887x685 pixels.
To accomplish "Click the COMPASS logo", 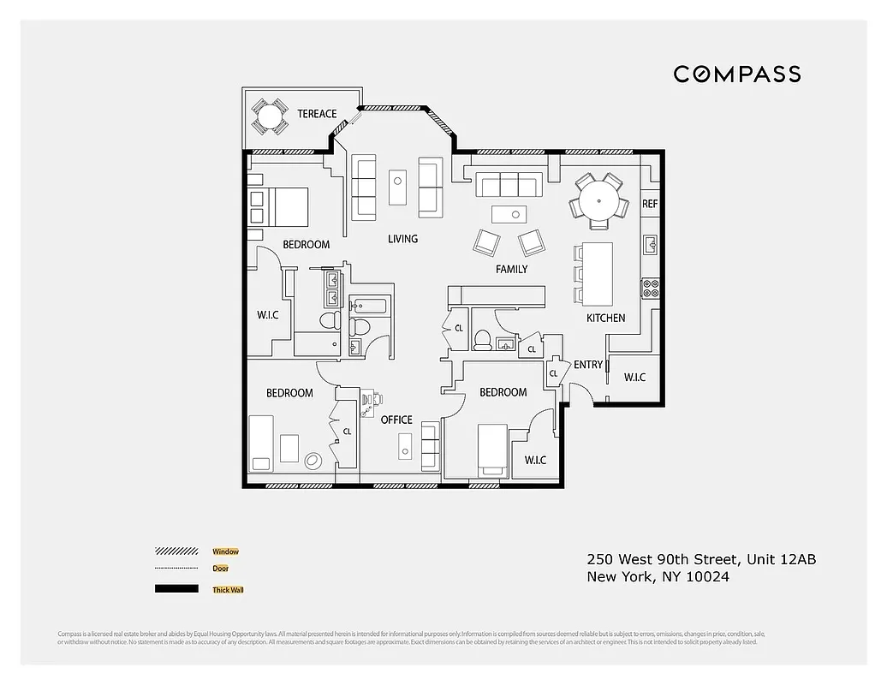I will tap(736, 74).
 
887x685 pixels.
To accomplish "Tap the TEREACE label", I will tap(317, 114).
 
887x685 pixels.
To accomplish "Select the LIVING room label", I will tap(402, 238).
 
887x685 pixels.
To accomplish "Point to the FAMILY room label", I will tap(511, 269).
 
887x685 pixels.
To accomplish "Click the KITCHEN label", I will tap(605, 318).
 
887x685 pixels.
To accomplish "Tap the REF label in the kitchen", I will tap(650, 204).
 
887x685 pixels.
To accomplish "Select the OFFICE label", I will tap(396, 420).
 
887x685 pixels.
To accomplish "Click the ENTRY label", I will tap(588, 365).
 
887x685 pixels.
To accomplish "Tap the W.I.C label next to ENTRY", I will tap(634, 377).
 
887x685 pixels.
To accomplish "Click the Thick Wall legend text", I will tap(227, 590).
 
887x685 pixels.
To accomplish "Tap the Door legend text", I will tap(220, 569).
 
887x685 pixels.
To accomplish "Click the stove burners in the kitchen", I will tap(651, 289).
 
